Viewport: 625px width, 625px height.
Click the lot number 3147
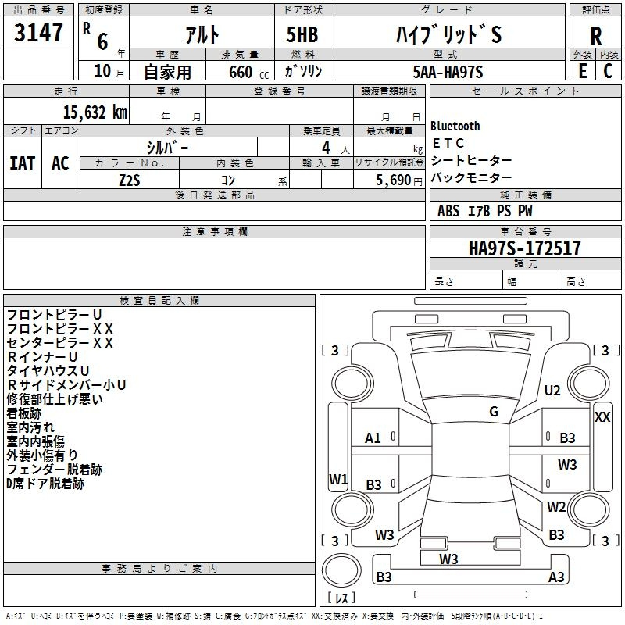click(38, 32)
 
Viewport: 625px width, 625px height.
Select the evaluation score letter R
click(595, 36)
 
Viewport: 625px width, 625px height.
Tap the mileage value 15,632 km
click(95, 112)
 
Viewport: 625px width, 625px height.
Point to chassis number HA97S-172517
click(524, 248)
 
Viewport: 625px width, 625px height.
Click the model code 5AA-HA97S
click(448, 72)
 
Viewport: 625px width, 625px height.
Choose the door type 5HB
click(302, 34)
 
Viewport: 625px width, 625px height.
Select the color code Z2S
click(130, 180)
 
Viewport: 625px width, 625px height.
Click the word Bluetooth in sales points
click(455, 126)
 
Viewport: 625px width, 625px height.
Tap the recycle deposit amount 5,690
click(393, 180)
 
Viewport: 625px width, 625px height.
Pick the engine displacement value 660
click(241, 72)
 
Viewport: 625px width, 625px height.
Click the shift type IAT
click(23, 163)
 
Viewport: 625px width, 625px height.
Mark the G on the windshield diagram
click(494, 412)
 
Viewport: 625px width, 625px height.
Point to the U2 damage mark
click(552, 390)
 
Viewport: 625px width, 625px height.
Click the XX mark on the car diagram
click(602, 417)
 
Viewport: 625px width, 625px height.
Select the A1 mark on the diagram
click(373, 438)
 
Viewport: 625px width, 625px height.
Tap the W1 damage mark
click(338, 479)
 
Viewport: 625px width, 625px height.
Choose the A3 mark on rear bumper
click(556, 577)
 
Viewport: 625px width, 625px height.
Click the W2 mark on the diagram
click(556, 506)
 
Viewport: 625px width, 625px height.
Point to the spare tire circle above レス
click(341, 570)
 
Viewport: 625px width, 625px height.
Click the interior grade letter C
click(608, 71)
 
